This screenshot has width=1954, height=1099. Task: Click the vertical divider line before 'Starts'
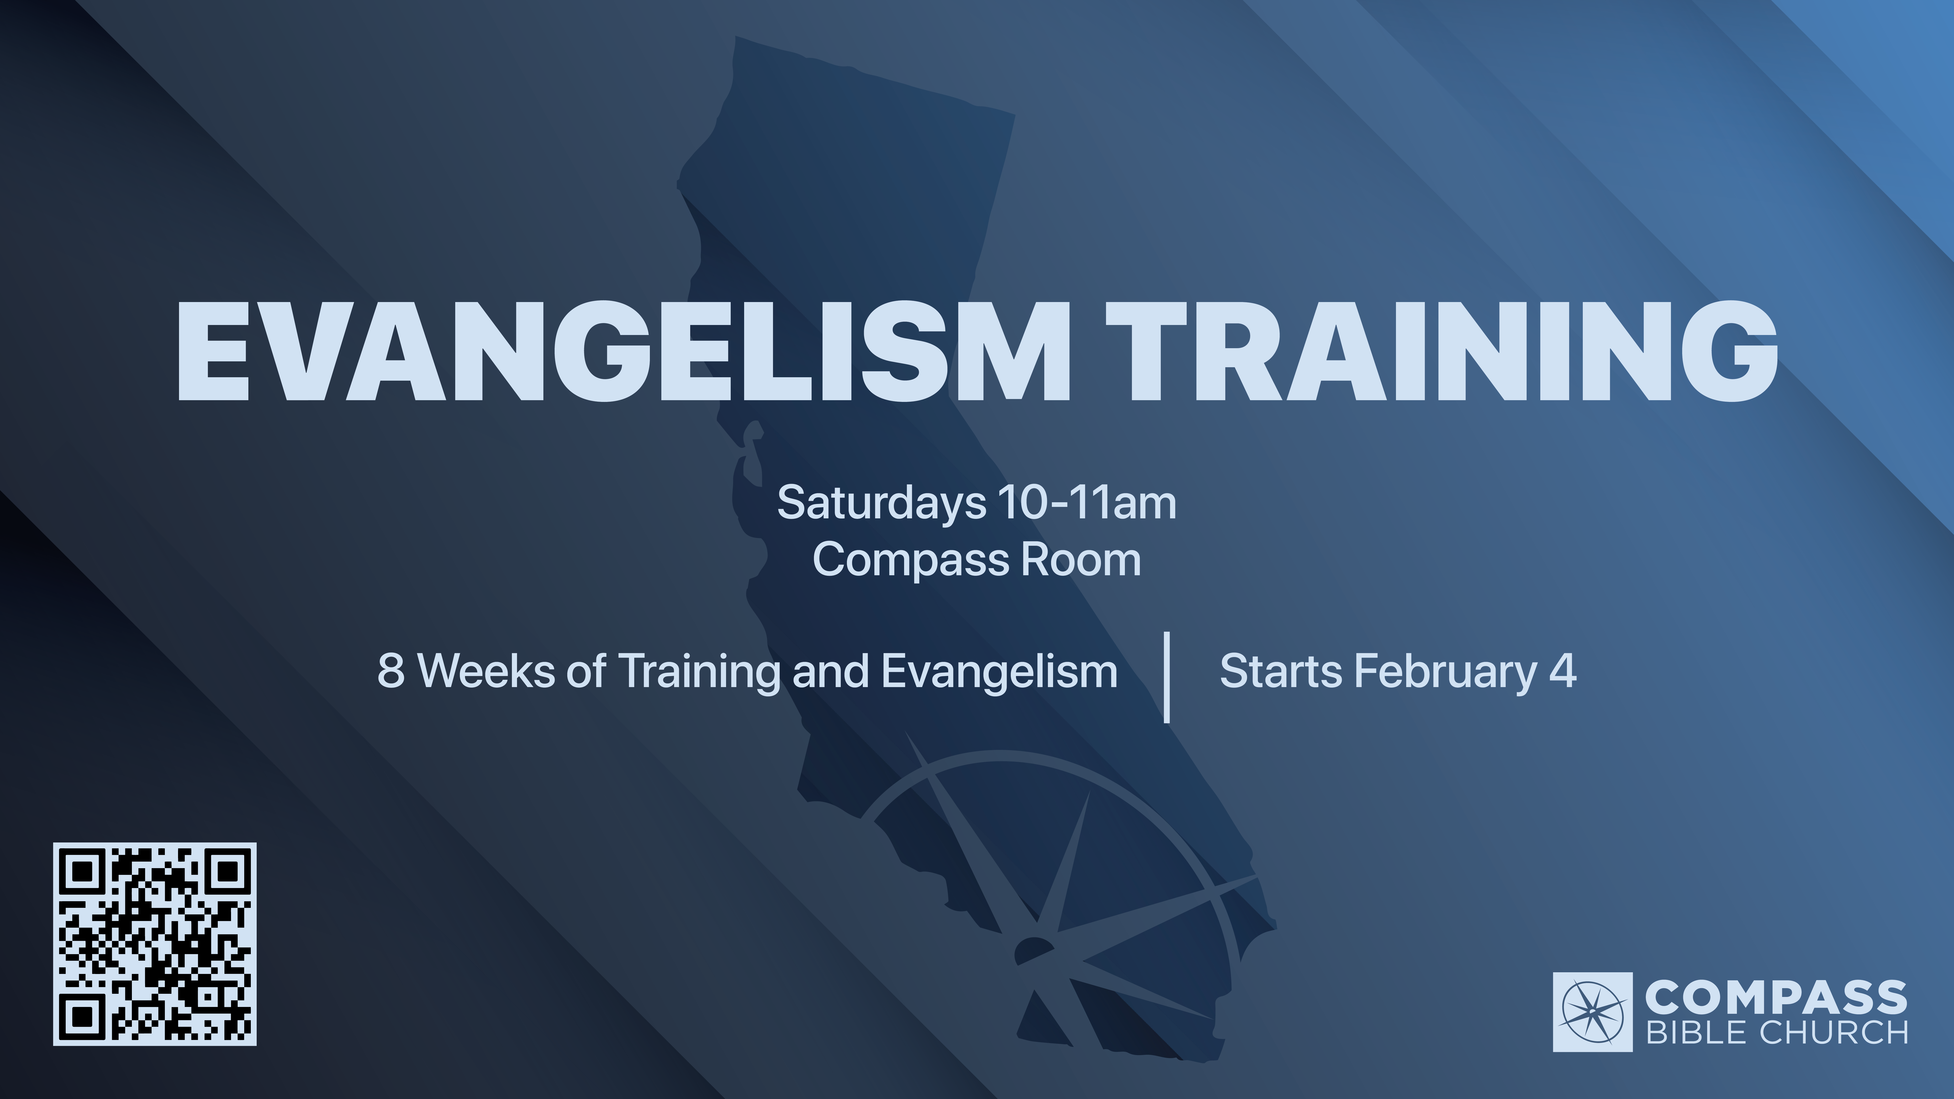point(1167,677)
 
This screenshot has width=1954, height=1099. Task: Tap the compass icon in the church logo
point(1593,1012)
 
